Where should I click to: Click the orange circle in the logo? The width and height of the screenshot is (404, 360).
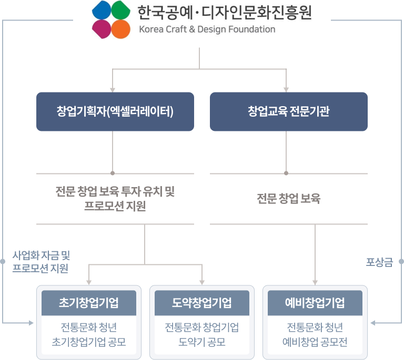120,29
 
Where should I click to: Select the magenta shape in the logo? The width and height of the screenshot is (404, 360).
102,29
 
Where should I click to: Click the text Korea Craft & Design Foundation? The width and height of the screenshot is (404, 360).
207,29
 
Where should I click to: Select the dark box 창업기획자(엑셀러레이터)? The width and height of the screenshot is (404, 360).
115,111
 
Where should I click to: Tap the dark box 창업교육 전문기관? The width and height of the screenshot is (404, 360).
288,111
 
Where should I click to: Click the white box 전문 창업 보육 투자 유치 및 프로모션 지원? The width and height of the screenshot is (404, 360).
115,199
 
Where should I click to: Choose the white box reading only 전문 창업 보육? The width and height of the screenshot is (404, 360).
288,199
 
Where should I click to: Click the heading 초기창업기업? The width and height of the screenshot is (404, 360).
89,303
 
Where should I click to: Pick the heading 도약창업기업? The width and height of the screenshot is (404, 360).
202,303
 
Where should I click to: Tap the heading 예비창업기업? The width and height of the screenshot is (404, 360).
315,303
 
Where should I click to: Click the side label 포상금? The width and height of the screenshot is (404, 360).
379,261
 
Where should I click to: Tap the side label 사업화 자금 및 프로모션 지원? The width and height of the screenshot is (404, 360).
41,261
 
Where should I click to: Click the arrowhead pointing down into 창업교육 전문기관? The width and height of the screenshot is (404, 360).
286,89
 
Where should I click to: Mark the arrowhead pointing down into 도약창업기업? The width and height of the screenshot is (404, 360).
202,282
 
